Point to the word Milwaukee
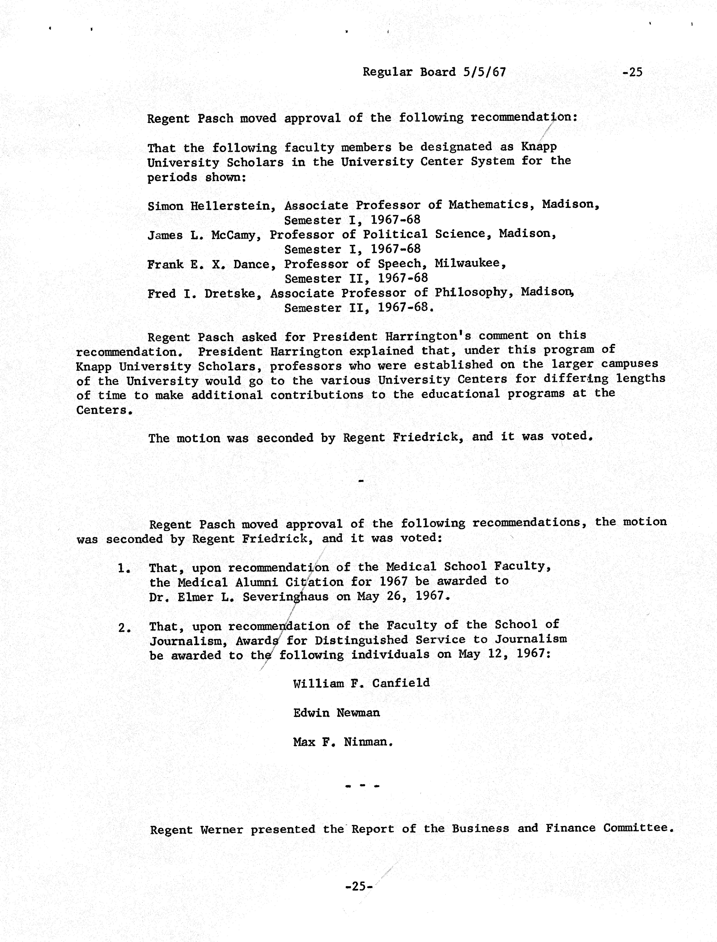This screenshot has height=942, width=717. click(x=470, y=263)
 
